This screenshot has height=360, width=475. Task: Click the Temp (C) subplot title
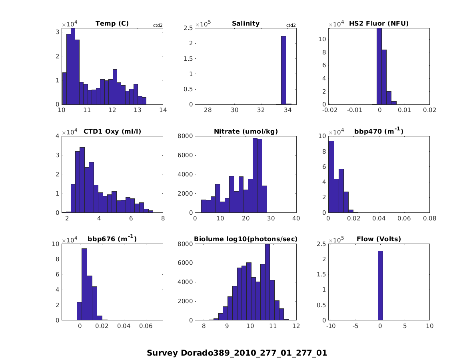click(x=112, y=24)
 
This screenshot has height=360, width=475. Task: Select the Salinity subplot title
click(x=245, y=24)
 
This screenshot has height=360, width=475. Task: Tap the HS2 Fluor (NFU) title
click(x=379, y=24)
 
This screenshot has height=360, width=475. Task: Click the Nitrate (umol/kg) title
click(x=245, y=131)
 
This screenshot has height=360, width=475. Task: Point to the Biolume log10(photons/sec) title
click(x=245, y=239)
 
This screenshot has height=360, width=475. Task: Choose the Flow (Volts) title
click(x=379, y=239)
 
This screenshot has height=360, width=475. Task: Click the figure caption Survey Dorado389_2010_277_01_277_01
click(x=237, y=353)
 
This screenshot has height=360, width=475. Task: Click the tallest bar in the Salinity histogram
click(x=283, y=70)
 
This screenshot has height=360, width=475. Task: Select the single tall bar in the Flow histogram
click(x=380, y=286)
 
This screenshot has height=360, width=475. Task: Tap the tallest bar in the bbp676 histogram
click(x=84, y=284)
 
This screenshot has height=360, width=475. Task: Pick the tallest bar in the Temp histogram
click(x=73, y=66)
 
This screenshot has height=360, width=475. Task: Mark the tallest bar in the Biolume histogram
click(x=267, y=282)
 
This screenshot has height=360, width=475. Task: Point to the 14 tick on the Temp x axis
click(x=163, y=110)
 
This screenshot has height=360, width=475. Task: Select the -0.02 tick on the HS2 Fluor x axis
click(x=330, y=110)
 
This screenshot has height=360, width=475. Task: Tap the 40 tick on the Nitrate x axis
click(x=296, y=218)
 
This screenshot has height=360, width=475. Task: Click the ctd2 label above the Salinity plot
click(x=291, y=26)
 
